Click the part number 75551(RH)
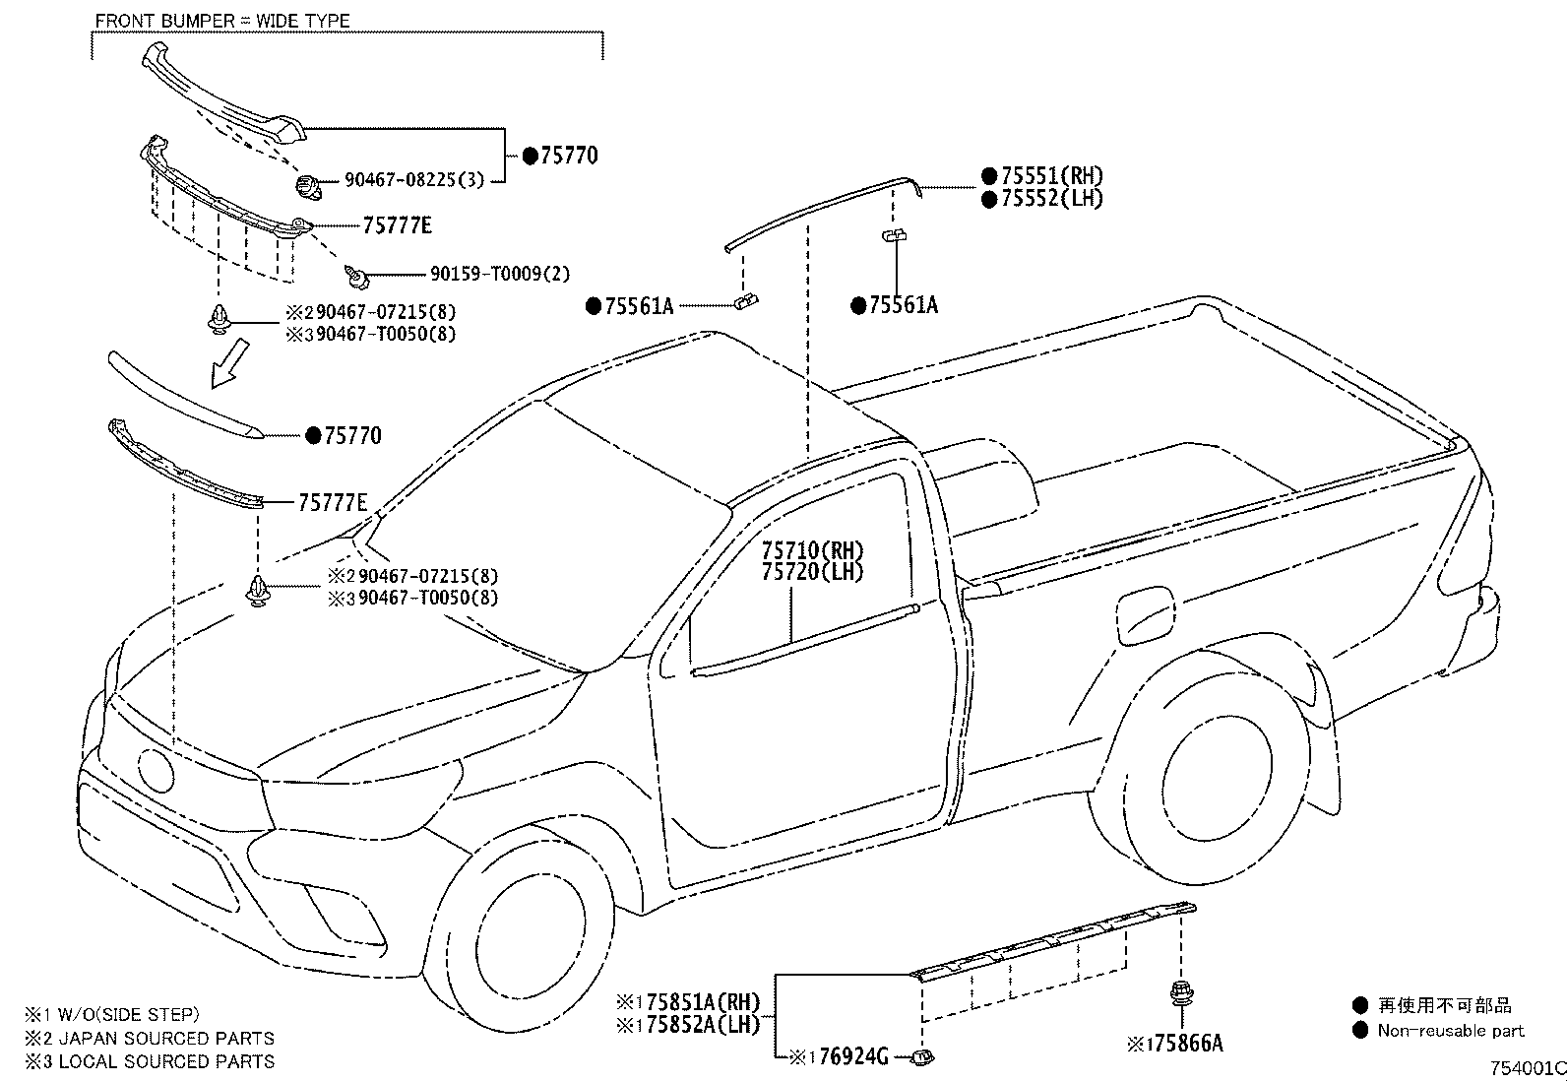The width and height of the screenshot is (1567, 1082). coord(1051,176)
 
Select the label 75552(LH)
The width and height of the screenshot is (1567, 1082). coord(1051,198)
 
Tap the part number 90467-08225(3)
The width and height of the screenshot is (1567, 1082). coord(413,181)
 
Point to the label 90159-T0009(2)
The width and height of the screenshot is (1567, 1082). coord(499,275)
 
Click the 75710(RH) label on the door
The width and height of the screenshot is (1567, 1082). coord(812,550)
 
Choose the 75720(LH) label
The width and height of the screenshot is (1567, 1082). coord(812,572)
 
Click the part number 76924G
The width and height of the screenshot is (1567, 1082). coord(851,1057)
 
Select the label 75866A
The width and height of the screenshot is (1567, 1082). coord(1186,1044)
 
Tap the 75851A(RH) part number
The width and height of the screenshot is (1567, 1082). coord(700,1002)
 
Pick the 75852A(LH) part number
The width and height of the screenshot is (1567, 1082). coord(700,1025)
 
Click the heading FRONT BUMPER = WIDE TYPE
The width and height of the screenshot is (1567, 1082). coord(222,21)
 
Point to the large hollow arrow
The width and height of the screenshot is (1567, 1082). coord(227,362)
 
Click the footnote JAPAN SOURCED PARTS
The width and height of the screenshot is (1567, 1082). coord(166,1039)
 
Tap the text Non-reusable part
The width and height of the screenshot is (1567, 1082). coord(1450,1031)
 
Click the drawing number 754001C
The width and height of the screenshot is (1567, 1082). coord(1526,1068)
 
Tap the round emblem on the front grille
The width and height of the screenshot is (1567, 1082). coord(155,768)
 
